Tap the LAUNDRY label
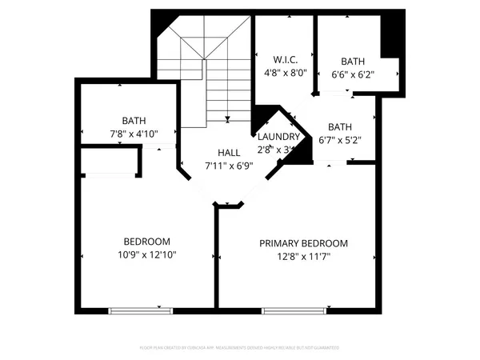point(278,136)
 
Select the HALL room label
point(229,152)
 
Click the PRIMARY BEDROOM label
point(303,243)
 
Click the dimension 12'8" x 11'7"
point(303,256)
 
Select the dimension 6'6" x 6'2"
point(353,74)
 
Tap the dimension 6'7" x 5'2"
point(339,140)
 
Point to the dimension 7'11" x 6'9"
point(229,166)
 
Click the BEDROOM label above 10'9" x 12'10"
point(146,242)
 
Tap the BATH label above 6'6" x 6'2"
point(353,62)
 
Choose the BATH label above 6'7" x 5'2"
point(339,126)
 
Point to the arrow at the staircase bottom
point(227,118)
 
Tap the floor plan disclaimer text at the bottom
point(239,348)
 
